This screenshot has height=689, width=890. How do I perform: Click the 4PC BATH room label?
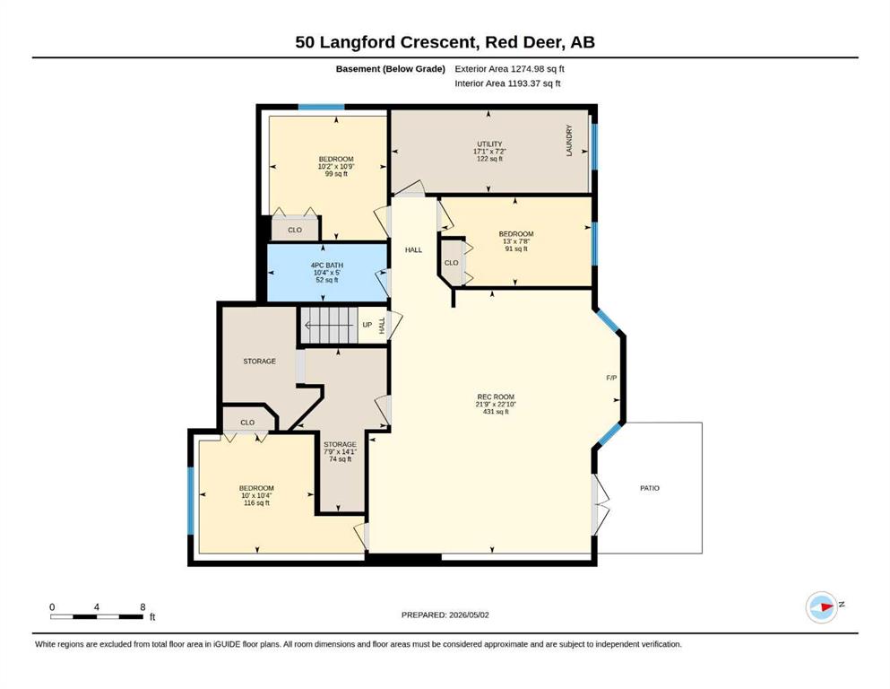pyautogui.click(x=327, y=273)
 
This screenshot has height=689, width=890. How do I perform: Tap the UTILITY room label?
pyautogui.click(x=489, y=152)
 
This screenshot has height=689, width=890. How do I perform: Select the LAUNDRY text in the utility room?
pyautogui.click(x=569, y=140)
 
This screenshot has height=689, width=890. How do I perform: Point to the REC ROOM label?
pyautogui.click(x=496, y=405)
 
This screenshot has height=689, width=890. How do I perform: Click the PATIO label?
pyautogui.click(x=650, y=488)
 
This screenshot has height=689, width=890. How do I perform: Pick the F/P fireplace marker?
pyautogui.click(x=611, y=378)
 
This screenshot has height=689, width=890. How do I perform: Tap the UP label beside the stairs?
pyautogui.click(x=367, y=325)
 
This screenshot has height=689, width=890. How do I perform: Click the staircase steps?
pyautogui.click(x=329, y=326)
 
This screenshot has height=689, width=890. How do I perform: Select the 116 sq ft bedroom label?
pyautogui.click(x=256, y=495)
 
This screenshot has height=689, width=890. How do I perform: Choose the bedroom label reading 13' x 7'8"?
pyautogui.click(x=516, y=241)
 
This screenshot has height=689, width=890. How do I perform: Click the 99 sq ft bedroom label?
pyautogui.click(x=336, y=167)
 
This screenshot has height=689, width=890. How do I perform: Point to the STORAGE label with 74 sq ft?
pyautogui.click(x=340, y=451)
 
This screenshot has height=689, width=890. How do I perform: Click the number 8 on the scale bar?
pyautogui.click(x=143, y=607)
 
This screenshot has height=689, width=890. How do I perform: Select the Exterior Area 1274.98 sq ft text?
pyautogui.click(x=509, y=69)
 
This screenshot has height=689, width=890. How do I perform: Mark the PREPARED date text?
pyautogui.click(x=445, y=615)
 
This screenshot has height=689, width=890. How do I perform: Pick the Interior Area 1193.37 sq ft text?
pyautogui.click(x=507, y=83)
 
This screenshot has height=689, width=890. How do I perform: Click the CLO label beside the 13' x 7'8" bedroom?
pyautogui.click(x=451, y=263)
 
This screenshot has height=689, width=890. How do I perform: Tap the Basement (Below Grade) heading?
pyautogui.click(x=391, y=69)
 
